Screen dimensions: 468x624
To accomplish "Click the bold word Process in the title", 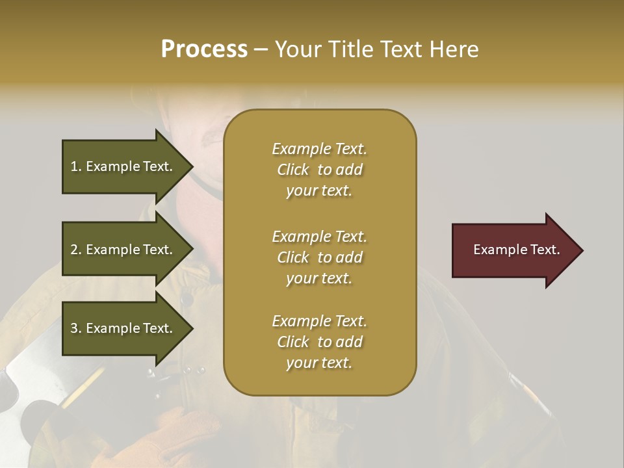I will coord(204,49).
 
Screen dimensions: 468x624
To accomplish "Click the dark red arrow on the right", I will coord(513,250).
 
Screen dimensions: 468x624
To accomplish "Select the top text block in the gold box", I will coord(319,170).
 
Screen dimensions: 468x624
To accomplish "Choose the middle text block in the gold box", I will coord(319,257).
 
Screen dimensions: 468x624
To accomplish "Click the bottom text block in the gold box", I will coord(319,342).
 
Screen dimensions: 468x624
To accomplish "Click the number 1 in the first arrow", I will coord(74,166).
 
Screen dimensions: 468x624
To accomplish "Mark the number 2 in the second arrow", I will coord(74,250).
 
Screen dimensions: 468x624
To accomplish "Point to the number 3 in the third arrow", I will coord(74,328).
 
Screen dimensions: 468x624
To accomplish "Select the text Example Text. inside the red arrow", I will coord(516,250).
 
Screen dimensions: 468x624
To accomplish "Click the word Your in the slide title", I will coord(296,49).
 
